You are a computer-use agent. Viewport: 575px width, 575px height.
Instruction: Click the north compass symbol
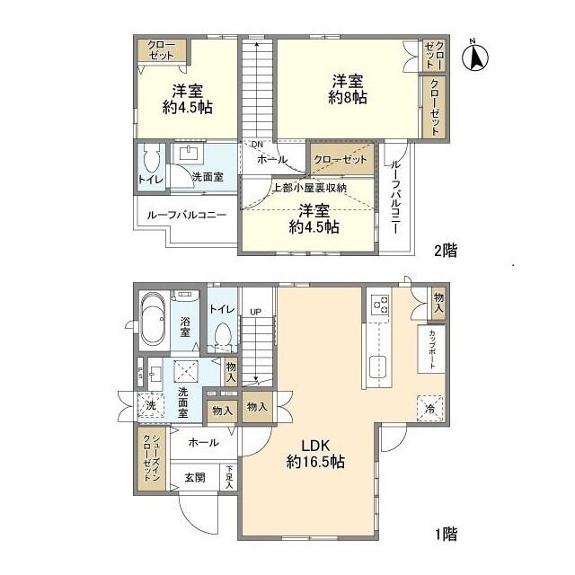click(475, 57)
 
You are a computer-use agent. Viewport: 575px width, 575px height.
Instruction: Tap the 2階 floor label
click(445, 251)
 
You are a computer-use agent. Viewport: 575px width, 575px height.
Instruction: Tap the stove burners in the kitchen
click(379, 305)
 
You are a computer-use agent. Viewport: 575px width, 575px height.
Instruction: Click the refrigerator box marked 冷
click(428, 407)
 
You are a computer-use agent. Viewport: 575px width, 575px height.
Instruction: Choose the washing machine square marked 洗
click(149, 405)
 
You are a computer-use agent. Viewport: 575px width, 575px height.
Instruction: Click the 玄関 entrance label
click(196, 477)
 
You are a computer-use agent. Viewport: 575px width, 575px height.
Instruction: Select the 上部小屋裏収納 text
click(310, 189)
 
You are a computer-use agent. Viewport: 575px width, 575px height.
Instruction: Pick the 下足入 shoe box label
click(229, 476)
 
